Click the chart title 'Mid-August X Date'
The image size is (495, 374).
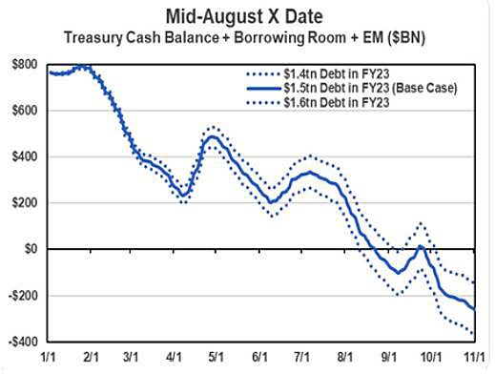point(246,16)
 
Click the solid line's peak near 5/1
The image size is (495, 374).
point(213,136)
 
